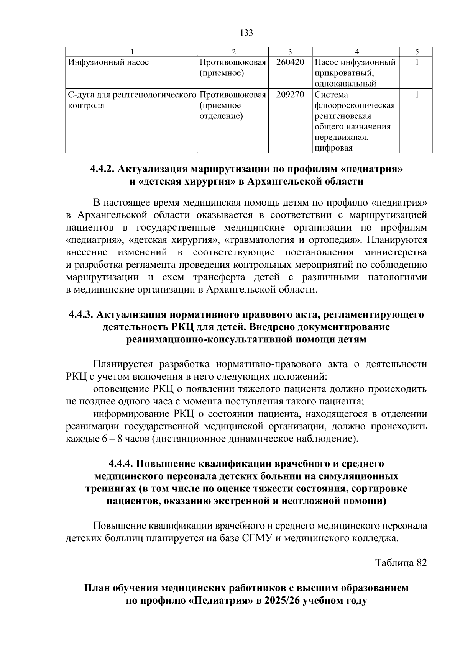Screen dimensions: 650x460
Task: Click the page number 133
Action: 246,33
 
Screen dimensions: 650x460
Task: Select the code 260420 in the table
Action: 290,62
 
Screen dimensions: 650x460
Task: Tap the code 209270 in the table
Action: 290,94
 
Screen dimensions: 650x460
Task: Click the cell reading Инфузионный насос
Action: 108,62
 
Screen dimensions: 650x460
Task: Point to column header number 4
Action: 357,52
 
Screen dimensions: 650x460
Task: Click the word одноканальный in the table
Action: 345,84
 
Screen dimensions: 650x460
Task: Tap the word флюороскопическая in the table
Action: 355,105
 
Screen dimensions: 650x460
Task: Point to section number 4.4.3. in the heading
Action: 81,314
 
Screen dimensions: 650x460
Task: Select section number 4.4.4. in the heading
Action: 121,464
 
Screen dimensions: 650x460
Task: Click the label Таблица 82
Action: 401,563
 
